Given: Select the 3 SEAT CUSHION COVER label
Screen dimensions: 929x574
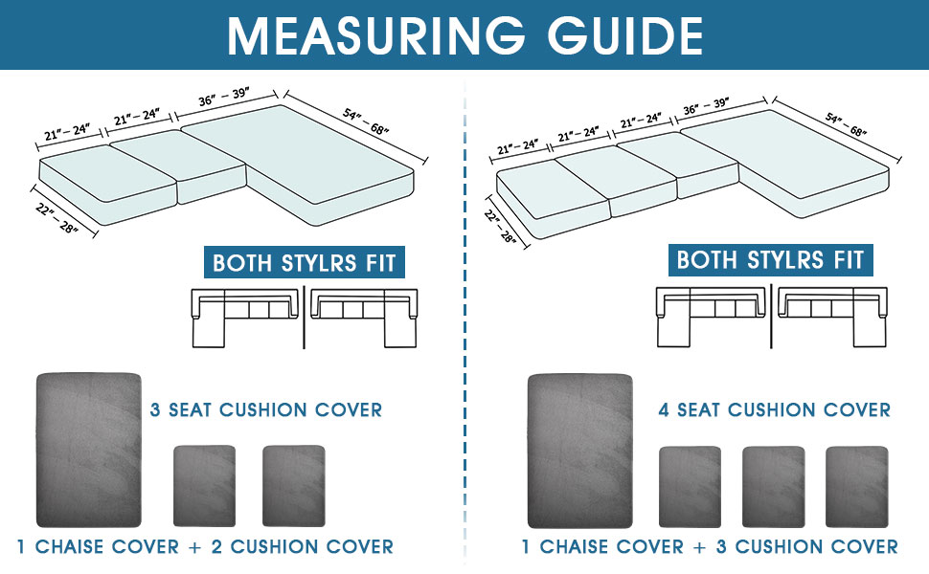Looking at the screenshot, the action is click(266, 410).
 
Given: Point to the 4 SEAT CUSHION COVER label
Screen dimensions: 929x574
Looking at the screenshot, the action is click(774, 410).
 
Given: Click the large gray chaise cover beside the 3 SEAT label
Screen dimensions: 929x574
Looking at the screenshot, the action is click(88, 450).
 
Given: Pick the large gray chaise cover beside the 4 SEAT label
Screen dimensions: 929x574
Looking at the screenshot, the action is click(579, 451).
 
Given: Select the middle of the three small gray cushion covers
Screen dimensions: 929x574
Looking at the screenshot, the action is click(773, 486).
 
